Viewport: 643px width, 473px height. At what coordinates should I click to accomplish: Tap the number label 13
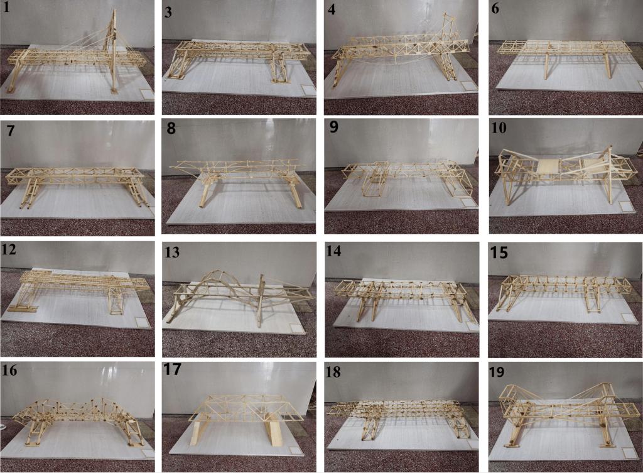click(x=171, y=251)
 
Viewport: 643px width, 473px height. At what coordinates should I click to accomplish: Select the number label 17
click(x=172, y=369)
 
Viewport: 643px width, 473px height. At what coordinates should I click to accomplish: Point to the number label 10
click(x=499, y=128)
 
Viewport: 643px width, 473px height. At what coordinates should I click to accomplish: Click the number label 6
click(x=495, y=9)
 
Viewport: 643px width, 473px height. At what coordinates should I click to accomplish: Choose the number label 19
click(x=497, y=372)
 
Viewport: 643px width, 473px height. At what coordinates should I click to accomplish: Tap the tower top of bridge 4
click(x=448, y=18)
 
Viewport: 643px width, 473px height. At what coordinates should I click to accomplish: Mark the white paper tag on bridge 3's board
click(x=306, y=89)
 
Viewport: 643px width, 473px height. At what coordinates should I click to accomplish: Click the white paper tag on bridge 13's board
click(x=294, y=328)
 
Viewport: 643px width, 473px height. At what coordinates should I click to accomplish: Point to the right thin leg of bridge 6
click(x=607, y=65)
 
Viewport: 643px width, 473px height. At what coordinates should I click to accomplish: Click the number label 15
click(x=499, y=253)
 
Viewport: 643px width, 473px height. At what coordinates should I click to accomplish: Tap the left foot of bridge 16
click(x=31, y=443)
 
